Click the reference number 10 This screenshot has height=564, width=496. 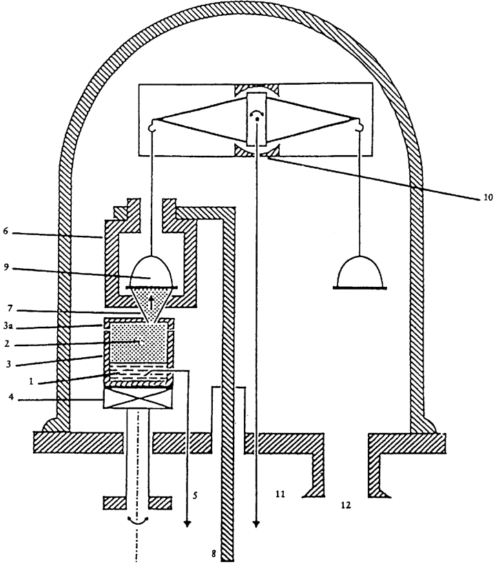click(487, 197)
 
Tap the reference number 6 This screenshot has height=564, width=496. click(6, 230)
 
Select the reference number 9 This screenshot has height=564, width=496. click(6, 268)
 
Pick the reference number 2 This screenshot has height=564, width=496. click(6, 344)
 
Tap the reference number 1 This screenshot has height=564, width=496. click(31, 382)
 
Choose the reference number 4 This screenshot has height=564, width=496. click(11, 398)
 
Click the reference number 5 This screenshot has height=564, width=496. click(195, 496)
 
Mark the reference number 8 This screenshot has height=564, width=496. click(214, 554)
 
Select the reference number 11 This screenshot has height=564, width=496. click(280, 494)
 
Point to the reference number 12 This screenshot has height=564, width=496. click(345, 505)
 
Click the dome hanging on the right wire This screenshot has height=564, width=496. click(360, 273)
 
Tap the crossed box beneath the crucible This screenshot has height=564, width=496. click(138, 399)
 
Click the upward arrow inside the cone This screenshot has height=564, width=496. click(151, 303)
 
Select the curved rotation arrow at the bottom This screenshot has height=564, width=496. click(138, 521)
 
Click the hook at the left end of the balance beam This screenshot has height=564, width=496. click(152, 125)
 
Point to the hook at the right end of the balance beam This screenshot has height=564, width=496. click(359, 125)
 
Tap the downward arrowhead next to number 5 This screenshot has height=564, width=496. click(187, 523)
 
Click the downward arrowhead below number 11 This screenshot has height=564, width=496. click(256, 523)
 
